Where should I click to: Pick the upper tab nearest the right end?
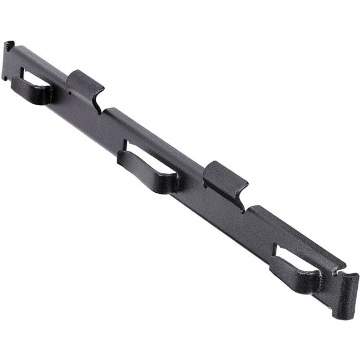[x=224, y=177]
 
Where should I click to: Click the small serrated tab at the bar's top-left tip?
[x=8, y=45]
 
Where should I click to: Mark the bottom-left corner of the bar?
[x=6, y=79]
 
